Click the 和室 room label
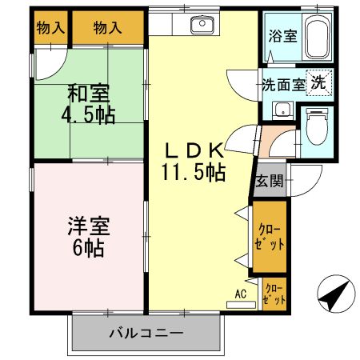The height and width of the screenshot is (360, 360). point(89,93)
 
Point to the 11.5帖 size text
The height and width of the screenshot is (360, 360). point(195,171)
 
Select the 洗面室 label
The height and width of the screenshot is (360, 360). point(284,84)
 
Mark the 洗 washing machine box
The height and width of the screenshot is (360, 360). point(318,82)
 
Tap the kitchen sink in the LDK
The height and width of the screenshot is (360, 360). point(202,26)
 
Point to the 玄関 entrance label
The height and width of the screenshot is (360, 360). point(268,181)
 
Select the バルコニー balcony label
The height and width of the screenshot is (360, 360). point(145,332)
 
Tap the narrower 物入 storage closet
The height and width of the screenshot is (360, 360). point(50,28)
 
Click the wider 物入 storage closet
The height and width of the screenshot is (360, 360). point(108,28)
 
